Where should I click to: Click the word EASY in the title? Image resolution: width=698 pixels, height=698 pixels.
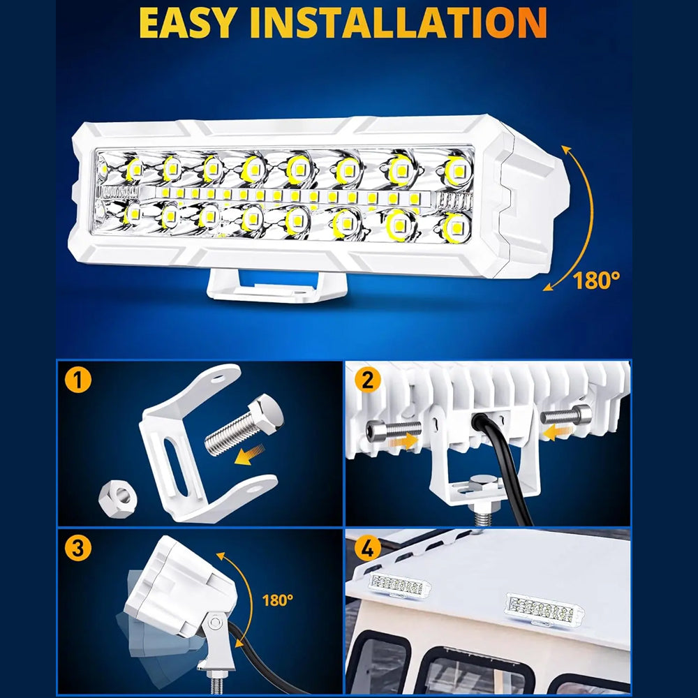coord(187,23)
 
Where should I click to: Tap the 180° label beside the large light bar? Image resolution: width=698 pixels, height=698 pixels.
coord(596,281)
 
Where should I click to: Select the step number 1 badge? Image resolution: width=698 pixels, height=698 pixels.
coord(78,380)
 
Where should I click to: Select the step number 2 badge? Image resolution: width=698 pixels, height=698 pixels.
coord(368,380)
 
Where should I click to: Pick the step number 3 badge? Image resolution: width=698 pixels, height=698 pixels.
coord(78,547)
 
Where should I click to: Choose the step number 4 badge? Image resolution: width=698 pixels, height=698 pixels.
coord(368,547)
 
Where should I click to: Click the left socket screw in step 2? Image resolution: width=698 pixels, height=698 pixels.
coord(393,430)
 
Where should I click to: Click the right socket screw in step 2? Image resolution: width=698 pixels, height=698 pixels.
coord(566,415)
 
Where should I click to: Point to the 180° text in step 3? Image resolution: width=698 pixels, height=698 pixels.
coord(277,600)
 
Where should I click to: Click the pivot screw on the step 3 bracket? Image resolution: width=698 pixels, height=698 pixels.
coord(216,621)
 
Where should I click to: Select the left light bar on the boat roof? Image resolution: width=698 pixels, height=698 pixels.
coord(399,585)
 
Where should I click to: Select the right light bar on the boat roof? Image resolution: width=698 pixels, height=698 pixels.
coord(544,608)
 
